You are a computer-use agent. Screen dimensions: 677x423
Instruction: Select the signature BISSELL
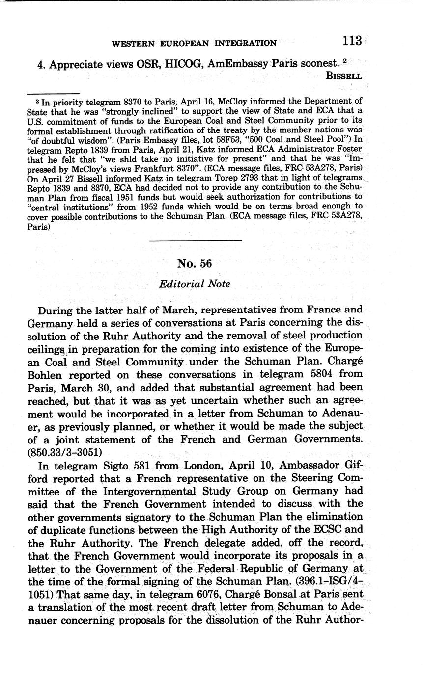click(x=344, y=76)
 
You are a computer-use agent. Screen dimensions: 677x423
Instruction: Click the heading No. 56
click(x=195, y=263)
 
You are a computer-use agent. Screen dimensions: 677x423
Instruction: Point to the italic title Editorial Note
click(x=195, y=284)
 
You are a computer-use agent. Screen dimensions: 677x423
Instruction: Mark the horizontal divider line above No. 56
click(x=195, y=240)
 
